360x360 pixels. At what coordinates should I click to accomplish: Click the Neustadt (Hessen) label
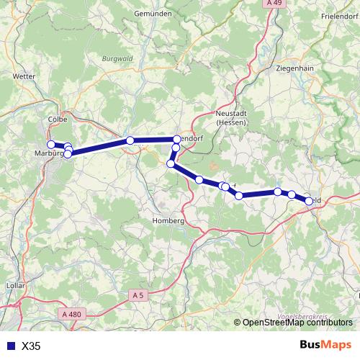(231, 118)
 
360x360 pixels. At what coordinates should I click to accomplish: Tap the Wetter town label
(24, 74)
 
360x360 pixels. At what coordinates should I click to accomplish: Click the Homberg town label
(171, 220)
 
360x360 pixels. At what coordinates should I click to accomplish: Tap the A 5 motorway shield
(138, 294)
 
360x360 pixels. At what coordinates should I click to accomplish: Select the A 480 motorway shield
(71, 314)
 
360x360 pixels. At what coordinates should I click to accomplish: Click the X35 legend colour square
(9, 346)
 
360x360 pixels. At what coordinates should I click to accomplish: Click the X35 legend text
(31, 346)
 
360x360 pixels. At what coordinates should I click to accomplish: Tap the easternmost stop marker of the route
(310, 201)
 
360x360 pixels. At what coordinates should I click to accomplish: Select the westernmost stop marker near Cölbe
(51, 144)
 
